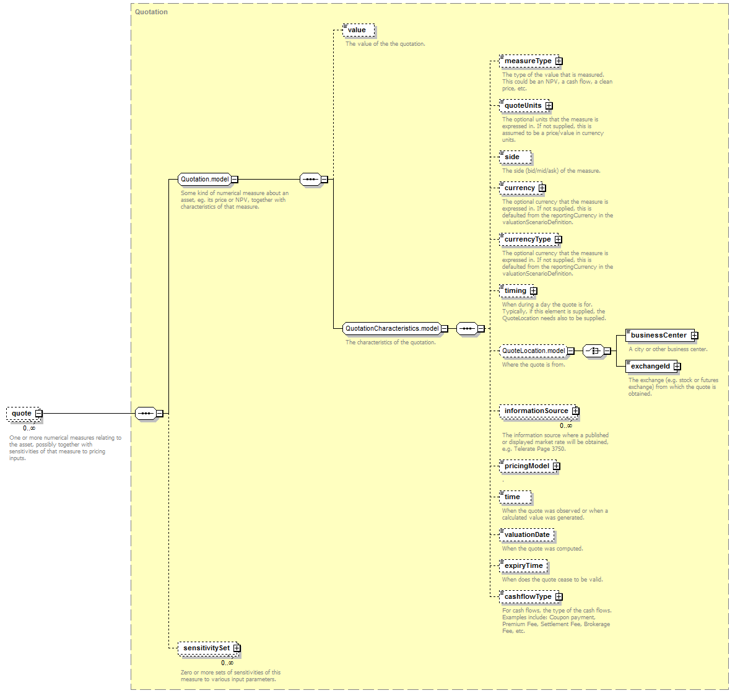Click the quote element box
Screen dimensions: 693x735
(22, 413)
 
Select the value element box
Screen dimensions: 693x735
(357, 30)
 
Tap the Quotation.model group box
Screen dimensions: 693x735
(204, 180)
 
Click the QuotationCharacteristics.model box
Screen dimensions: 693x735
(391, 329)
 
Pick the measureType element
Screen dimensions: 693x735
(528, 61)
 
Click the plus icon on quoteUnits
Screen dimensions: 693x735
(549, 106)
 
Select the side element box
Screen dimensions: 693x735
(513, 157)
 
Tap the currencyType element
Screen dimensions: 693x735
(528, 240)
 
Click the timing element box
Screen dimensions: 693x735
(515, 291)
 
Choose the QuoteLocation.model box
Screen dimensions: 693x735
(533, 351)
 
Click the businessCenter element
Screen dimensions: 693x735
(658, 336)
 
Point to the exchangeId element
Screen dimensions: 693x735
(650, 367)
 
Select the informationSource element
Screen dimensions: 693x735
(536, 411)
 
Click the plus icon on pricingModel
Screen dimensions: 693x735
(557, 466)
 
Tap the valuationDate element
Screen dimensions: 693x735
(527, 535)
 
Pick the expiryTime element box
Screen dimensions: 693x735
(523, 566)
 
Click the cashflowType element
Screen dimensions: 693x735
(528, 597)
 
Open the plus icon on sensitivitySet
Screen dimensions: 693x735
(237, 648)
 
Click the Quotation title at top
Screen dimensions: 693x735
(152, 12)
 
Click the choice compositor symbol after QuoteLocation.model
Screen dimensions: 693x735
(593, 351)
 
